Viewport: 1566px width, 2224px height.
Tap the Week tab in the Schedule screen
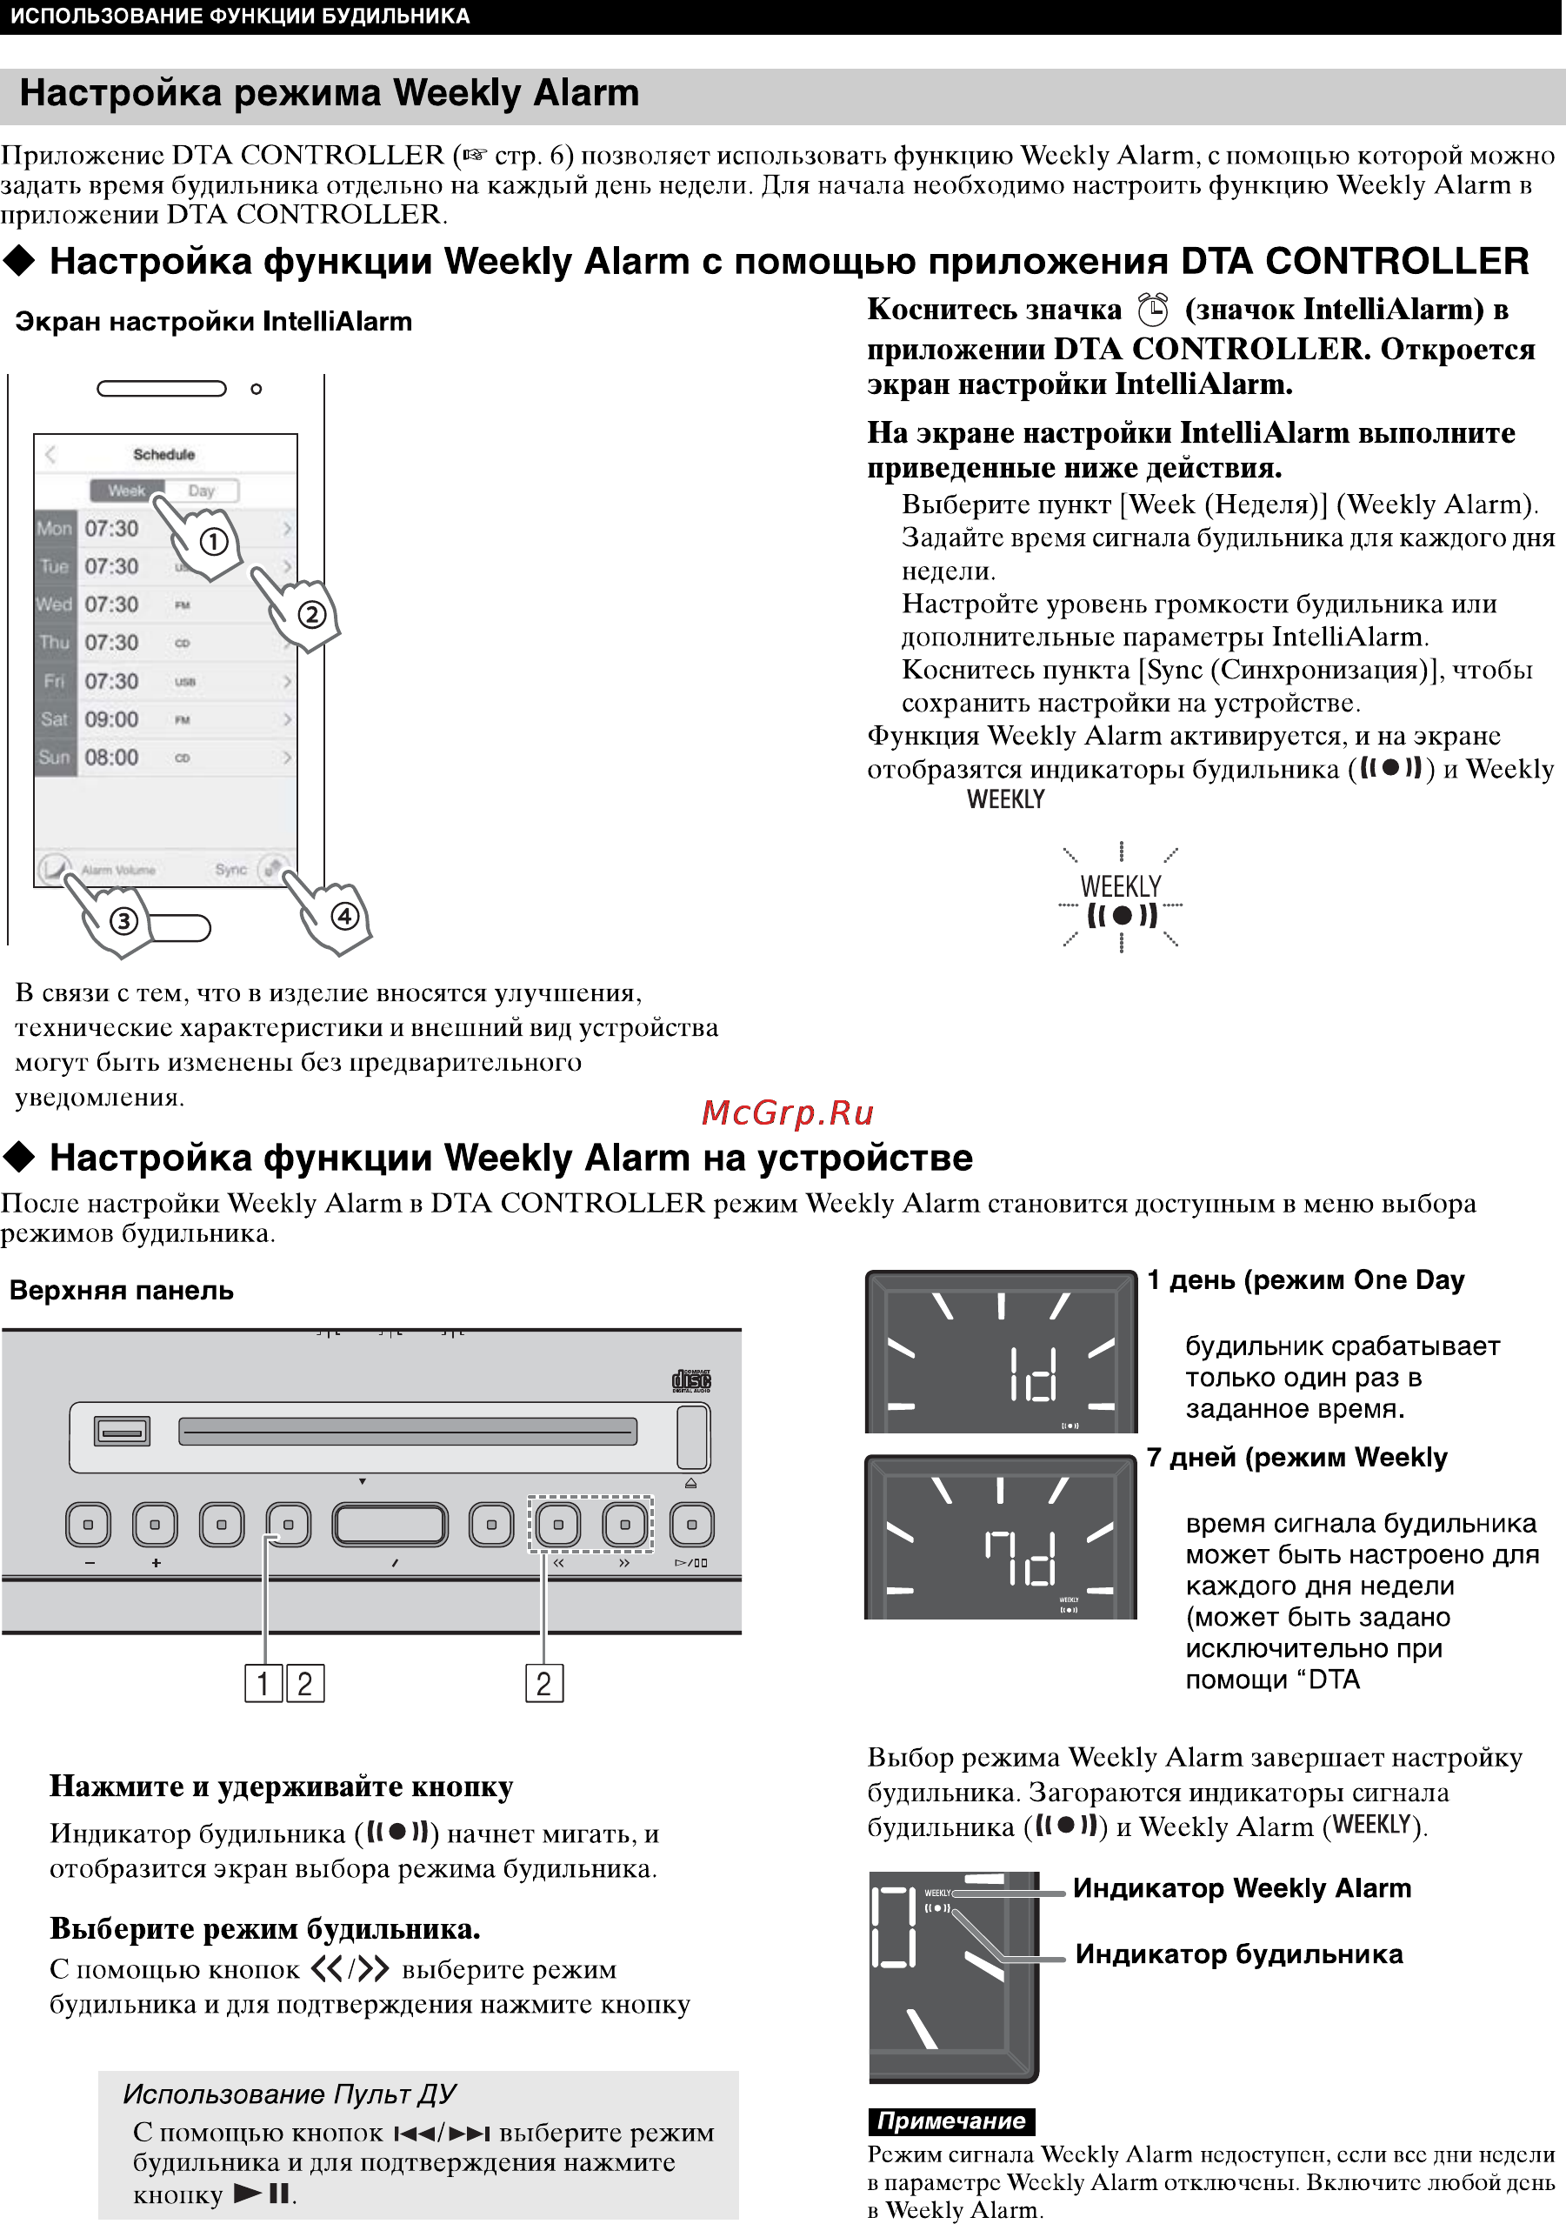pos(126,491)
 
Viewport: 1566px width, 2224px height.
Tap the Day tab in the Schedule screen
pos(202,491)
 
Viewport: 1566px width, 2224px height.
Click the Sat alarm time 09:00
pos(111,719)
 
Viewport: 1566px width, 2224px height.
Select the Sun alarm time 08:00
pos(111,758)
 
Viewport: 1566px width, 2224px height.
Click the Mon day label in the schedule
pos(54,529)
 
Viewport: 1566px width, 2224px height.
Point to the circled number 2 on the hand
pos(311,614)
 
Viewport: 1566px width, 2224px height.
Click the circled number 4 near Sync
pos(345,915)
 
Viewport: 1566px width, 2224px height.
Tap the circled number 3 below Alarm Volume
pos(123,920)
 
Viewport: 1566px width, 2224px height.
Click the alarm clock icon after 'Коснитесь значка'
pos(1152,310)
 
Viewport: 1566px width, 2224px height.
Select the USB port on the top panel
pos(122,1431)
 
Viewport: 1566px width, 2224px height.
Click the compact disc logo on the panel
pos(691,1380)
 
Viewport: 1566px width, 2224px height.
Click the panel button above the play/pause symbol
pos(691,1525)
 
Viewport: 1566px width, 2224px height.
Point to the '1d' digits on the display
pos(1032,1373)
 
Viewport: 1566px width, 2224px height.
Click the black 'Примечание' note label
pos(951,2121)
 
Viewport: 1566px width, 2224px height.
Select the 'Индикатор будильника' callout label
pos(1239,1954)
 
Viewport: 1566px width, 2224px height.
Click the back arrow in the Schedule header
pos(51,454)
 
